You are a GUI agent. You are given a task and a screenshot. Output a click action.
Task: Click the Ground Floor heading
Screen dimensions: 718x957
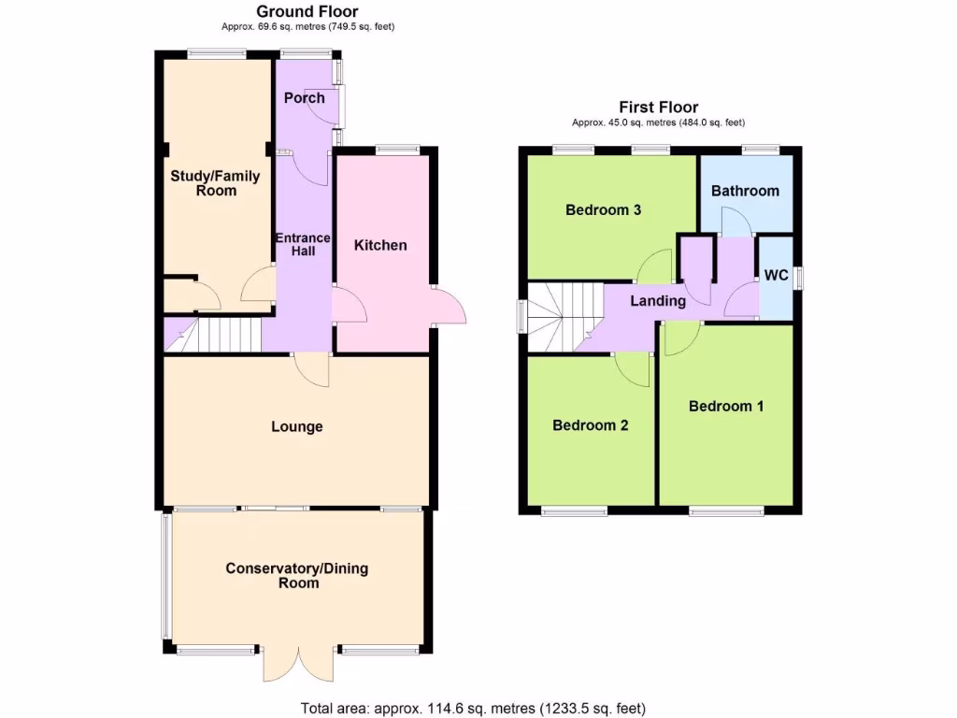[x=307, y=11]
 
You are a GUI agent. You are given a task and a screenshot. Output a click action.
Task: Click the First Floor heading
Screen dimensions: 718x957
[x=658, y=108]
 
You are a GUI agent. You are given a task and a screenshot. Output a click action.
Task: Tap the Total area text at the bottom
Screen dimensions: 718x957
[x=472, y=709]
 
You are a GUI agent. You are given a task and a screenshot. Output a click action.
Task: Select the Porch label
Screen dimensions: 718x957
[x=304, y=98]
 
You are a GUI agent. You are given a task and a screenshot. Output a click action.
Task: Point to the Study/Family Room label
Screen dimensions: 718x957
[x=215, y=183]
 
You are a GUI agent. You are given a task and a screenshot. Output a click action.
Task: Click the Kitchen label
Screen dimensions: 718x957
[x=380, y=245]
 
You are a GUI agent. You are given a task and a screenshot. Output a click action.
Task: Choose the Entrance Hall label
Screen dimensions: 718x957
[x=303, y=244]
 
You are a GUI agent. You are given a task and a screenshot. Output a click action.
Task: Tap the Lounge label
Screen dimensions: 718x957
[x=297, y=426]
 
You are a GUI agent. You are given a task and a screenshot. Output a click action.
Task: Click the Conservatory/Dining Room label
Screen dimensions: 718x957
[x=297, y=575]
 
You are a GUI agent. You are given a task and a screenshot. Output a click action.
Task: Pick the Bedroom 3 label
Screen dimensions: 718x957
[x=603, y=209]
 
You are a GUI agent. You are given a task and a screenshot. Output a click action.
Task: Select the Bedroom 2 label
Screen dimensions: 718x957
[x=590, y=425]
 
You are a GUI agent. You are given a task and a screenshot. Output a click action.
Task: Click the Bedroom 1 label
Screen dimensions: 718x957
[x=726, y=406]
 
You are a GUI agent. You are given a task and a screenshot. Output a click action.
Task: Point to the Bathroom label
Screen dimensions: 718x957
[x=745, y=191]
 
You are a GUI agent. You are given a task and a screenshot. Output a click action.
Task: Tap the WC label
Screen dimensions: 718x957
[x=776, y=276]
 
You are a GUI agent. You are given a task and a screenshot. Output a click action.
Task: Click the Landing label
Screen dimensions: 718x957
[x=658, y=301]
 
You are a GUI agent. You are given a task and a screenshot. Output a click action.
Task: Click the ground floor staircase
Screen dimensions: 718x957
[x=221, y=334]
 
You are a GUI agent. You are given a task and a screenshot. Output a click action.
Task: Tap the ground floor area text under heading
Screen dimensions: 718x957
[x=307, y=26]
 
